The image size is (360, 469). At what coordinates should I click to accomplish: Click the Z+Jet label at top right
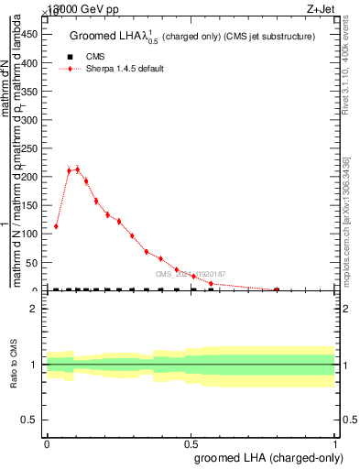pyautogui.click(x=338, y=8)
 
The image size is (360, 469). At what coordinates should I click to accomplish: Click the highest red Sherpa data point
pyautogui.click(x=78, y=169)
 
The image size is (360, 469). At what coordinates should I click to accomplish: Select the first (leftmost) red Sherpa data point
pyautogui.click(x=56, y=226)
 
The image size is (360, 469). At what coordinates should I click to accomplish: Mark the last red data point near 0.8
pyautogui.click(x=277, y=289)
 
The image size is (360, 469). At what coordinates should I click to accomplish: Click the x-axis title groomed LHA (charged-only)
pyautogui.click(x=265, y=455)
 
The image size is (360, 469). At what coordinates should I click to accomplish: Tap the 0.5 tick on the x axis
pyautogui.click(x=191, y=443)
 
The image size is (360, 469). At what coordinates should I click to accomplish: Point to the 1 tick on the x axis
pyautogui.click(x=336, y=443)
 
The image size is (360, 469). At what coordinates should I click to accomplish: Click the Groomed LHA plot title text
pyautogui.click(x=192, y=37)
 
